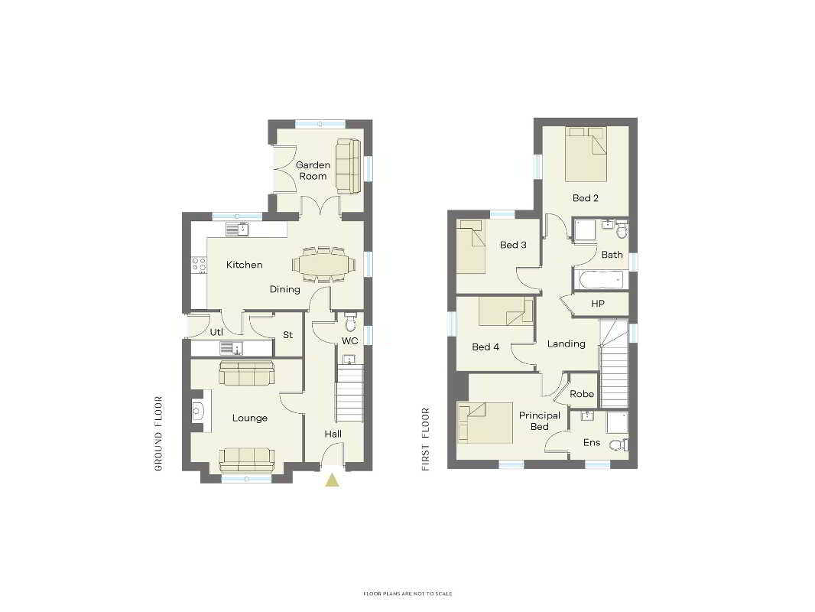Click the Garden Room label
[x=313, y=171]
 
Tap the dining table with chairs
[x=324, y=265]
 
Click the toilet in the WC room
[x=350, y=322]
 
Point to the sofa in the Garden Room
[x=348, y=166]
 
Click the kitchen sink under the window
[x=238, y=229]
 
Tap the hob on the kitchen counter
[x=199, y=265]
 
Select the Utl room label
[x=216, y=332]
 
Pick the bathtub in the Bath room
[x=599, y=280]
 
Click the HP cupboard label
[x=598, y=304]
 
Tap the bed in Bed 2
[x=586, y=154]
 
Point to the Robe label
[x=582, y=394]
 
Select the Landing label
[x=566, y=343]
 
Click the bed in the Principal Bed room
[x=485, y=423]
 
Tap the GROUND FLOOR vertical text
[x=158, y=434]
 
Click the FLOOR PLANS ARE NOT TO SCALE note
[x=407, y=594]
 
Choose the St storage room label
[x=288, y=335]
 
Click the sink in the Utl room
[x=232, y=348]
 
